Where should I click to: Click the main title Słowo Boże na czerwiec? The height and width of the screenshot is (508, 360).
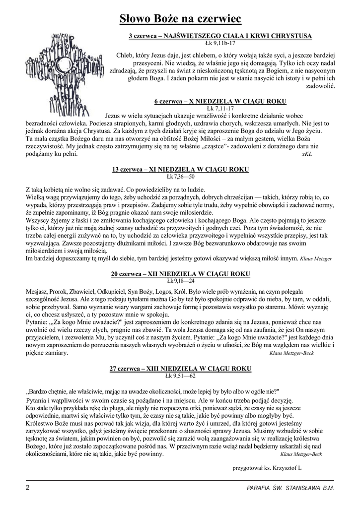coord(180,18)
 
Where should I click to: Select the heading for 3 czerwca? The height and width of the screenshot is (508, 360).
coord(220,36)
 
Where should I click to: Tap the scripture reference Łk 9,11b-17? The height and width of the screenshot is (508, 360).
coord(219,43)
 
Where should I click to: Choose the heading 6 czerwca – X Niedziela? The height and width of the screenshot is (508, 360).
coord(220,101)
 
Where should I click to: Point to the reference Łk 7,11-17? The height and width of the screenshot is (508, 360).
coord(219,108)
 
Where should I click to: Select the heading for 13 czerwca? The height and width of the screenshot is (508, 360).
coord(180,169)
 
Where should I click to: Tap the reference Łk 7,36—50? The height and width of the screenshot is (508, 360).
coord(180,176)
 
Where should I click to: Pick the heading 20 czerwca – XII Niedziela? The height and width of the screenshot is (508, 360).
coord(180,273)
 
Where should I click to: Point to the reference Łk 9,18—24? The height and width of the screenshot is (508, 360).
coord(180,280)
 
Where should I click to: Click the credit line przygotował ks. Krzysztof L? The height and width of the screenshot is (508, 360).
coord(267,467)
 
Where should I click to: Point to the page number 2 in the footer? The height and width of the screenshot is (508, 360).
coord(27,488)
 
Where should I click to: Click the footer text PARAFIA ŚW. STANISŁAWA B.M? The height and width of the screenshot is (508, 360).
coord(290,488)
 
